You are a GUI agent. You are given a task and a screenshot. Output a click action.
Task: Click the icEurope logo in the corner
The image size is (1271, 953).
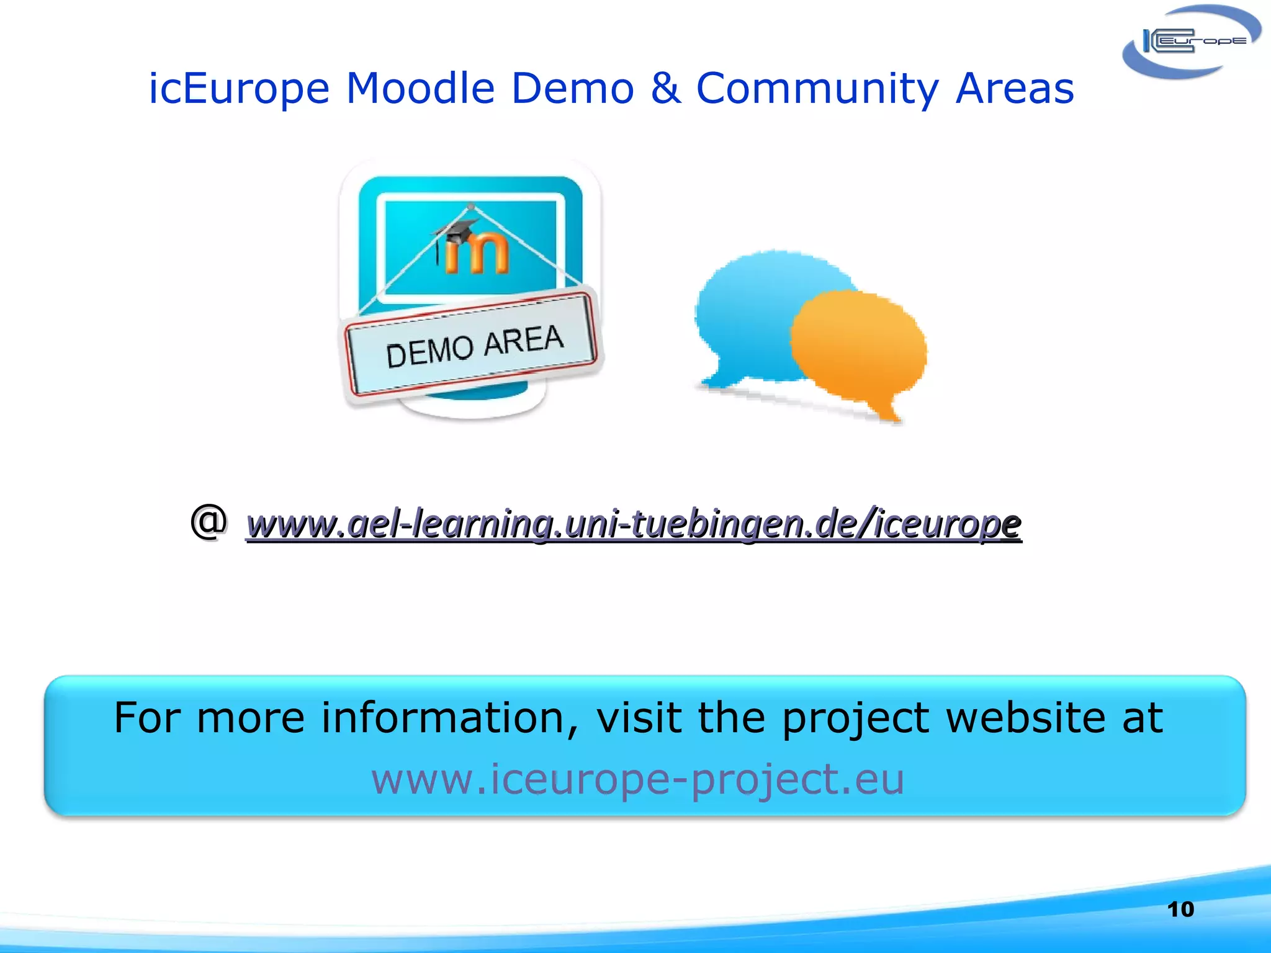[1190, 42]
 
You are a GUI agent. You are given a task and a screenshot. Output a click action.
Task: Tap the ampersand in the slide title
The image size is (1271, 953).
[664, 88]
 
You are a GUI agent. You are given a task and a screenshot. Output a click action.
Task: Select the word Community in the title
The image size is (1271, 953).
[817, 88]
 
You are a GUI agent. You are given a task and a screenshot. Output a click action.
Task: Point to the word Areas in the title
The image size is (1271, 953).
[1014, 88]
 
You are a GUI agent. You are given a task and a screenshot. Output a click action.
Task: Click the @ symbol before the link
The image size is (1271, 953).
[209, 521]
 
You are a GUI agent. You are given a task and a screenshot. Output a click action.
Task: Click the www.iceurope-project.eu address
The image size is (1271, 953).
[637, 779]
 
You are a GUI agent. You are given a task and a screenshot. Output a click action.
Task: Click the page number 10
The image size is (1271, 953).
[1180, 910]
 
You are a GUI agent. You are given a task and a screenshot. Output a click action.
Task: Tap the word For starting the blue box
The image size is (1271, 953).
[148, 718]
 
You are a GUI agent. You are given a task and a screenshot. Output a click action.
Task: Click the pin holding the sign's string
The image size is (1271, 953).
[471, 206]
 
